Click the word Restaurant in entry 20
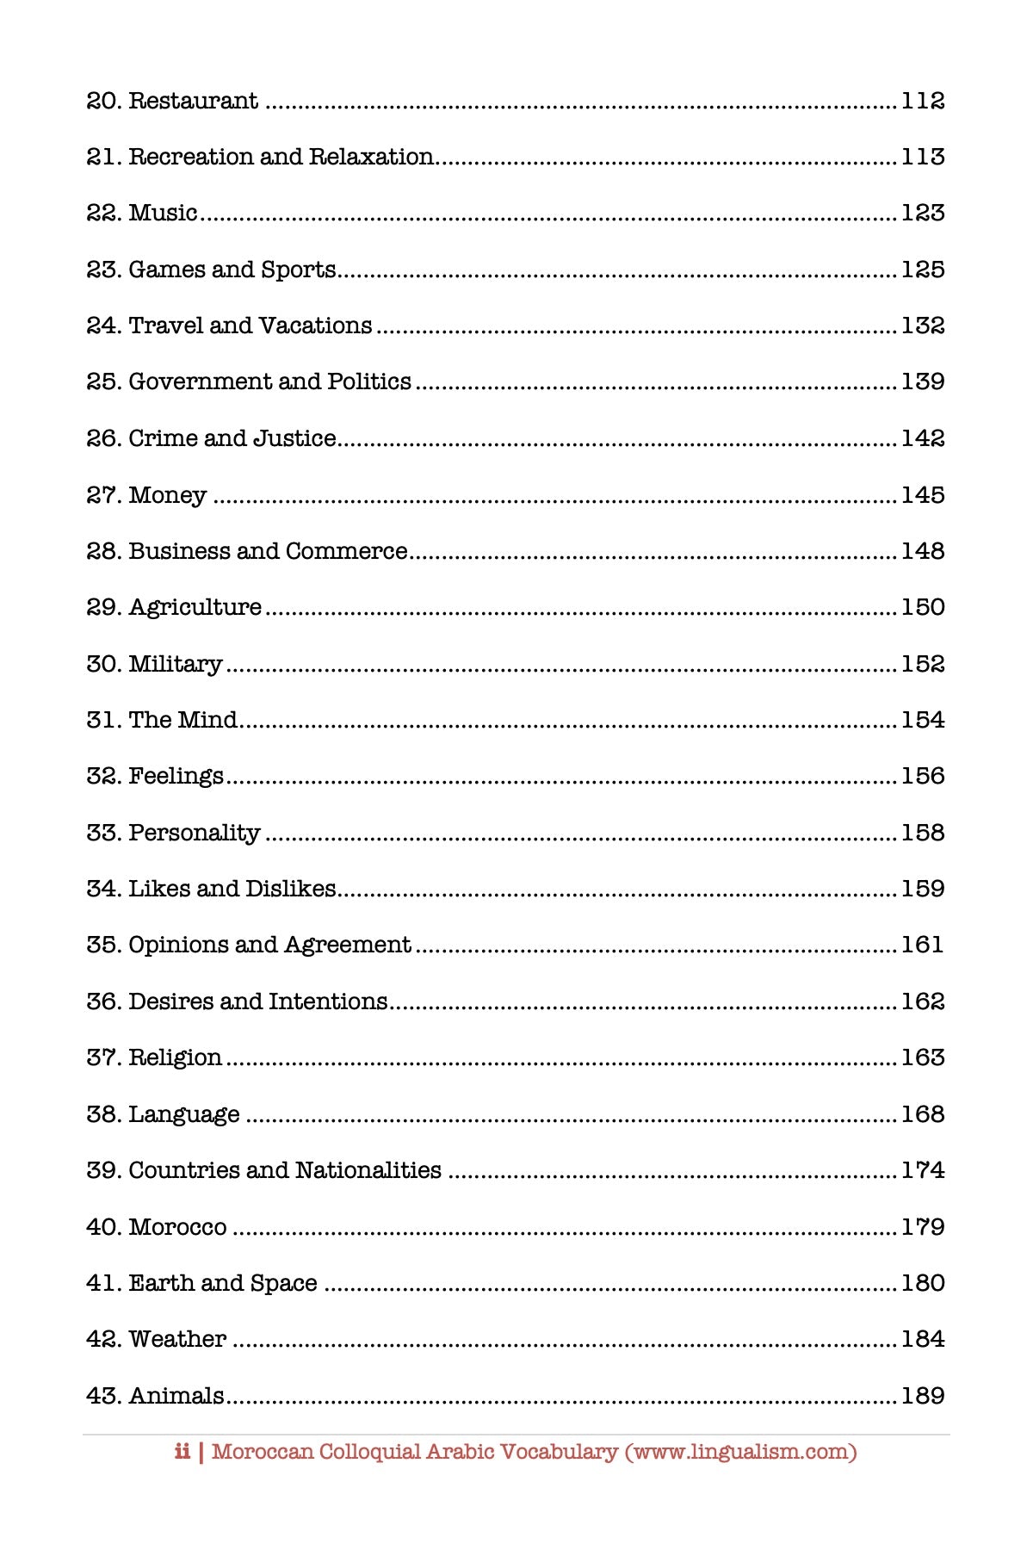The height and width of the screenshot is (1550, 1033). (193, 101)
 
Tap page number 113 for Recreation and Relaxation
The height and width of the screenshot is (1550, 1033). (922, 157)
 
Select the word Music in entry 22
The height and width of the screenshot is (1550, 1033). (163, 213)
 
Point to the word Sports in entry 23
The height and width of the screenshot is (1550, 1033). (298, 270)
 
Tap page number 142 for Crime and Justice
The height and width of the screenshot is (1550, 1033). (922, 438)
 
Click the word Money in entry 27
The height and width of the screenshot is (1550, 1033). (167, 495)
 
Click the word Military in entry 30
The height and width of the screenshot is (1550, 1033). (176, 664)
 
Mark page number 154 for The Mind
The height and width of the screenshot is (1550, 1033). (922, 720)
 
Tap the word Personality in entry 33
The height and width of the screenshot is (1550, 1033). (195, 833)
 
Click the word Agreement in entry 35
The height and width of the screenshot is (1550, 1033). (347, 945)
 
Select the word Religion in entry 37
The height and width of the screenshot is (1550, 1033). (175, 1057)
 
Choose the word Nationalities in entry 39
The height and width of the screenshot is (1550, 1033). (368, 1170)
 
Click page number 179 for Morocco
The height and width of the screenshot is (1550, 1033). (922, 1226)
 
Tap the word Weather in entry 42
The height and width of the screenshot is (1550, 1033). (177, 1339)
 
